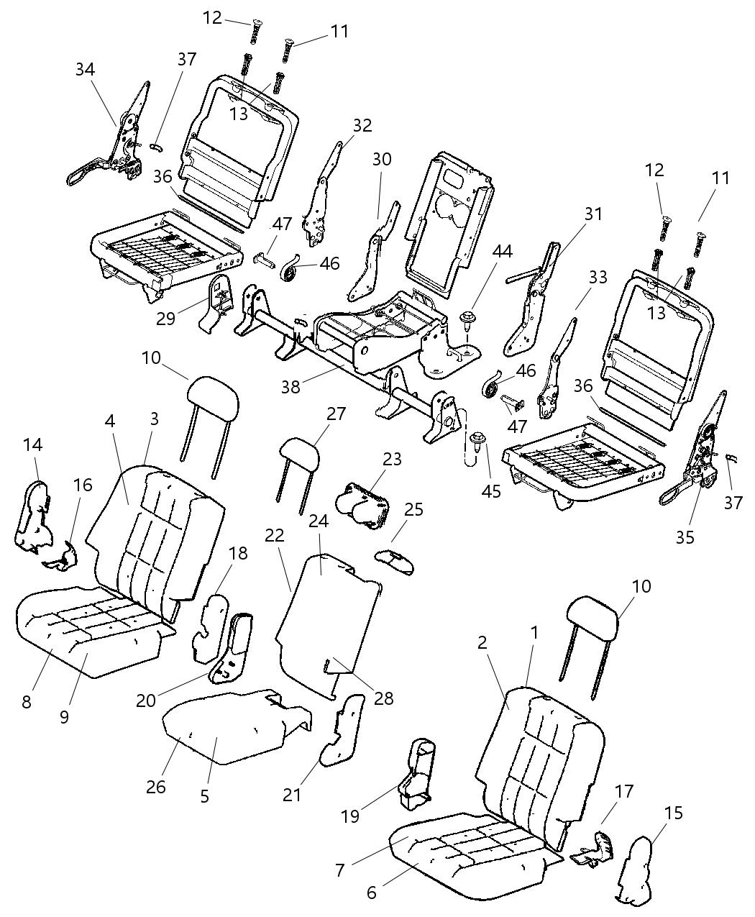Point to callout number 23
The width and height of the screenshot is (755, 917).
[392, 459]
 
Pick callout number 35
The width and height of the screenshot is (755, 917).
[685, 537]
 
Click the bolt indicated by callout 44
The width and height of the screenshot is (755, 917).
[468, 318]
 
